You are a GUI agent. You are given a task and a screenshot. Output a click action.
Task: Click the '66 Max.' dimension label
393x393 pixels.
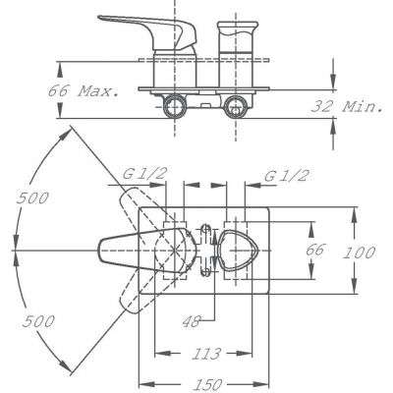tap(84, 90)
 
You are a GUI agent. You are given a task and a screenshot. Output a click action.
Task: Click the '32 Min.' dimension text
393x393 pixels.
tap(347, 106)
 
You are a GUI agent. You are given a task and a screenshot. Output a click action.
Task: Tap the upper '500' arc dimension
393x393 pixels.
tap(32, 198)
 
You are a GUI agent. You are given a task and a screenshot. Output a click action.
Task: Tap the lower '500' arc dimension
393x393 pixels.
tap(38, 321)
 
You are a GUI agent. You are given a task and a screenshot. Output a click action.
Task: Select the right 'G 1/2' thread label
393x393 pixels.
tap(286, 176)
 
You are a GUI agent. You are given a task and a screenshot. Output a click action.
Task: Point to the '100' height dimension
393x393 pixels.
tap(359, 253)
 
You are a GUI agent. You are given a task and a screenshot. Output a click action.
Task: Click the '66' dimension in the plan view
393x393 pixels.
tap(314, 250)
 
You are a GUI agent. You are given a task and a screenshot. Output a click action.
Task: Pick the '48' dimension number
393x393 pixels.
tap(191, 321)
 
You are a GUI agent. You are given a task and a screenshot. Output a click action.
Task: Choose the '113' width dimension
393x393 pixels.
tap(206, 354)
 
